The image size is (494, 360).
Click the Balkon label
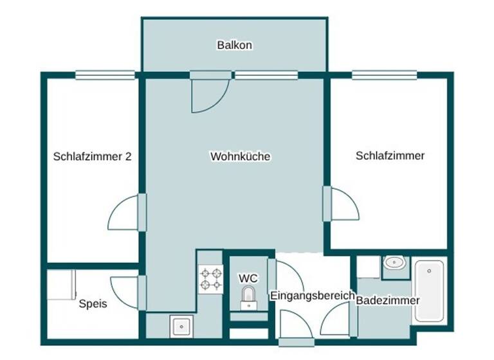point(234,46)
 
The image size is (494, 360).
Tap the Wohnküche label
point(240,156)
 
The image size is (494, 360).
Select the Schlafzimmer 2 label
point(93,156)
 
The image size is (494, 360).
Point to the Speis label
point(93,303)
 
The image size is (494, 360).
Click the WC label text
point(248,278)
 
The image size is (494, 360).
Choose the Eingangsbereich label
point(312,296)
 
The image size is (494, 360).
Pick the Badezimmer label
point(387,300)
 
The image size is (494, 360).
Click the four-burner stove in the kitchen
point(211,278)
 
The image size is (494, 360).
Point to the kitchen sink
point(179,326)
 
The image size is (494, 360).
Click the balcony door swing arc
point(210,95)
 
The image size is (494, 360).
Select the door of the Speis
point(127,293)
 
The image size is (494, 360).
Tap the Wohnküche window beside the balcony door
point(266,75)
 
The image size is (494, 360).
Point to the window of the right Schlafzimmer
point(383,75)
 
